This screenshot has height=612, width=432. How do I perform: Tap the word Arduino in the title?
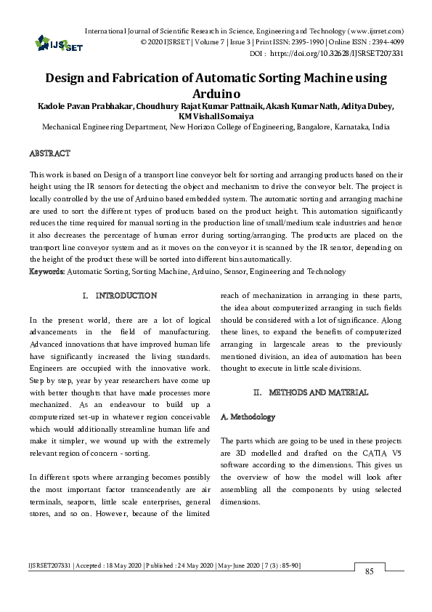coord(216,94)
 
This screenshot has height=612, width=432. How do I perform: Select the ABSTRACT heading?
coord(49,154)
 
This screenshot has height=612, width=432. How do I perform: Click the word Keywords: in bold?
coord(47,271)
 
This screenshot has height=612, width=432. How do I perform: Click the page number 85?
coord(369,572)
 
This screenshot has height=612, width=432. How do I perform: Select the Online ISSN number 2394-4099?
coord(384,43)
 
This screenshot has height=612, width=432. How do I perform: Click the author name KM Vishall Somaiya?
coord(216,116)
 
